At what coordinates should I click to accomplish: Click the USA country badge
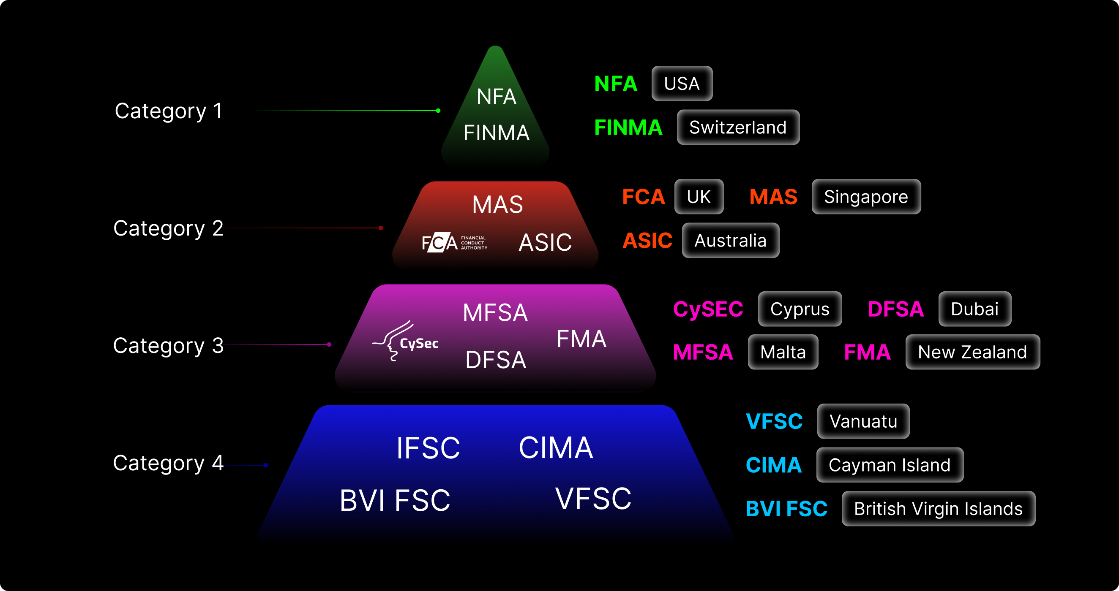coord(682,83)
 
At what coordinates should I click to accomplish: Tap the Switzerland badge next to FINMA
coord(737,127)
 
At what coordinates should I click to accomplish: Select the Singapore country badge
coord(866,197)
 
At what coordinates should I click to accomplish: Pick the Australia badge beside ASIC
coord(730,240)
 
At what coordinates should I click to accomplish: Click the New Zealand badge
coord(972,352)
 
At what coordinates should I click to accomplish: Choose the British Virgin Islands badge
coord(938,509)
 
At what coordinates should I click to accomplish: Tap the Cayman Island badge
coord(889,465)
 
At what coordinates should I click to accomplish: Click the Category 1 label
coord(169,111)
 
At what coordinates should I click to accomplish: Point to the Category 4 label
coord(168,463)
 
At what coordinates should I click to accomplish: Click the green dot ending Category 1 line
coord(438,111)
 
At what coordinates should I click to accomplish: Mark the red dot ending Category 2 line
coord(380,228)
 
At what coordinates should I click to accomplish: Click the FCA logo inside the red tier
coord(454,243)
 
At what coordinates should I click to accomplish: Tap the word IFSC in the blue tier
coord(428,448)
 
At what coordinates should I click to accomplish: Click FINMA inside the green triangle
coord(496,133)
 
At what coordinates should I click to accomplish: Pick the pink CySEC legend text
coord(708,309)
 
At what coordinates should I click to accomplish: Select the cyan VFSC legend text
coord(774,421)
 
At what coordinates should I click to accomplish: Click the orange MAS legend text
coord(773,197)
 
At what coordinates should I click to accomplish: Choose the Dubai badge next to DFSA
coord(974,309)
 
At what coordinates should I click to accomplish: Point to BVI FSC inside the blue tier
coord(394,500)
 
